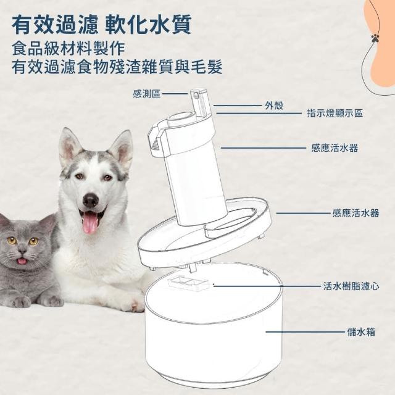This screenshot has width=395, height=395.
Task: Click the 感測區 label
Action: pos(147,94)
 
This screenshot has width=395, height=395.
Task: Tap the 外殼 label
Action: pos(274,106)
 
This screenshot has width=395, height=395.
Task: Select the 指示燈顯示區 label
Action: pos(335,113)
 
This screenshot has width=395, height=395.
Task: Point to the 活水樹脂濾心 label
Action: pos(351,286)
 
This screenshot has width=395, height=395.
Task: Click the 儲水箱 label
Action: pos(361,332)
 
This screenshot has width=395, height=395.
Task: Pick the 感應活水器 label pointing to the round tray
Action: pos(355,213)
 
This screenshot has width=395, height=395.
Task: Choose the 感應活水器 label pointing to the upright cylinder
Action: pos(335,148)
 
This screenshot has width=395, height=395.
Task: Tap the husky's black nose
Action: pos(91,200)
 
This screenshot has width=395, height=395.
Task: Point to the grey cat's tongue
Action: pos(22,261)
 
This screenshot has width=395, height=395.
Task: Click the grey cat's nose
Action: pos(23,251)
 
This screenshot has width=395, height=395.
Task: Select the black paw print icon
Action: pos(375,38)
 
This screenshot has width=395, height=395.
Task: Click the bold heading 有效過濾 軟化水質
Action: pos(101,24)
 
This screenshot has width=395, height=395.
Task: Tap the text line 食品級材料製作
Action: pos(69,48)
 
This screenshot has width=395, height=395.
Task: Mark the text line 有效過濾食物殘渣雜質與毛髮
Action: pos(117,67)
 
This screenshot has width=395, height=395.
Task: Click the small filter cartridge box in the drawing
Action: pos(189,284)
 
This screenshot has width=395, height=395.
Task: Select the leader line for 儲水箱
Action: pos(306,332)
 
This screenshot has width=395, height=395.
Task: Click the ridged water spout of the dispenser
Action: pos(156,138)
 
